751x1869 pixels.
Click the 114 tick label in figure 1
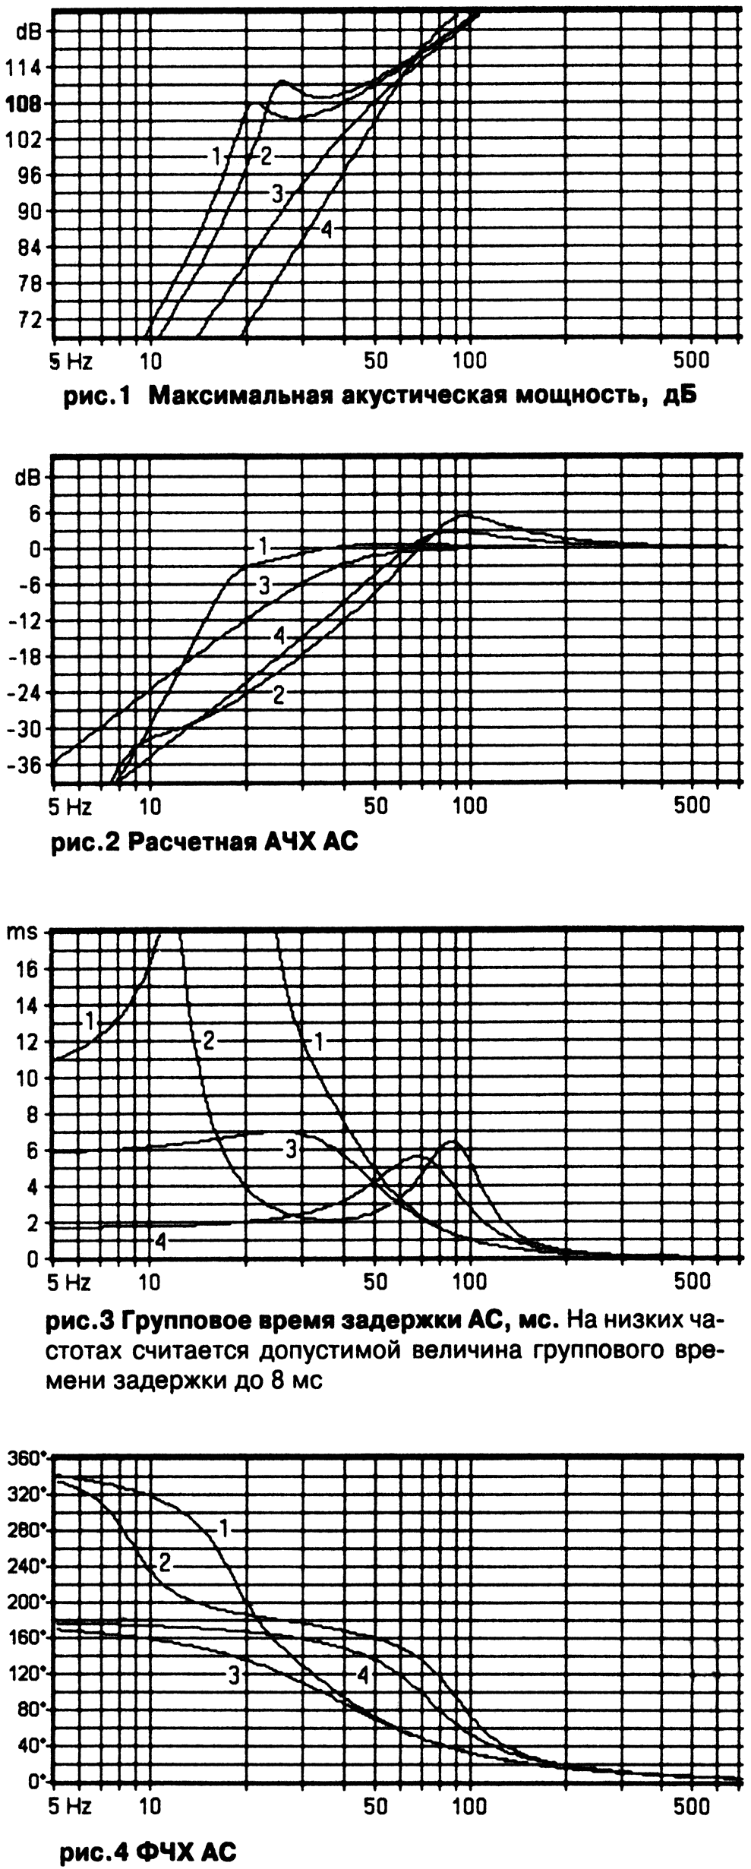click(25, 68)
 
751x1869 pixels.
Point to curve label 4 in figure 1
click(327, 229)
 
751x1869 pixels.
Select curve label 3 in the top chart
click(278, 194)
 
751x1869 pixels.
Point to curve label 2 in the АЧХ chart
click(279, 694)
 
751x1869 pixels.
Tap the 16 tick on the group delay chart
click(30, 969)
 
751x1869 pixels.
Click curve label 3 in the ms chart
click(291, 1149)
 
